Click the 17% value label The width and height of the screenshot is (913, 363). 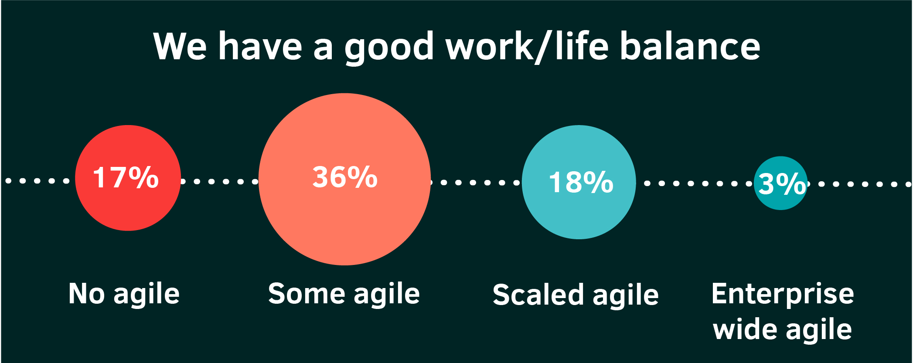pyautogui.click(x=126, y=177)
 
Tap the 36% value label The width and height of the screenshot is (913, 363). pyautogui.click(x=345, y=177)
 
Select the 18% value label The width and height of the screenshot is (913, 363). pyautogui.click(x=581, y=182)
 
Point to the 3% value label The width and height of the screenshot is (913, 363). pyautogui.click(x=782, y=184)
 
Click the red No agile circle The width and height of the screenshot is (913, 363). pyautogui.click(x=128, y=178)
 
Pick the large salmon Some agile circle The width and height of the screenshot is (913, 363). pyautogui.click(x=344, y=179)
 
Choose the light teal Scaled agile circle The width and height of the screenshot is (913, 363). pyautogui.click(x=579, y=182)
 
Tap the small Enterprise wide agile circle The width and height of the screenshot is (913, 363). pyautogui.click(x=780, y=183)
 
